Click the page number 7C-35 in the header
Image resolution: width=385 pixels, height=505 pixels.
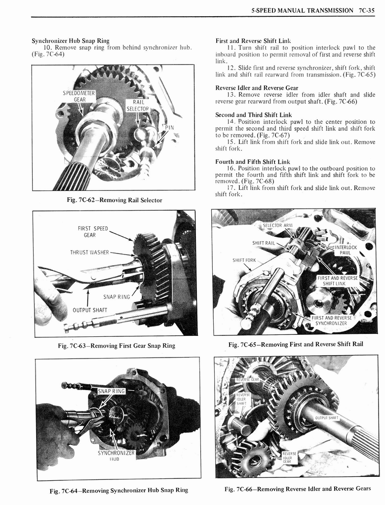(x=368, y=10)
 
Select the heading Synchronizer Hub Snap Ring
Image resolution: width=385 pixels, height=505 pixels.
(x=71, y=40)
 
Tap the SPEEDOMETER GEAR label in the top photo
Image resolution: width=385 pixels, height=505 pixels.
(x=79, y=96)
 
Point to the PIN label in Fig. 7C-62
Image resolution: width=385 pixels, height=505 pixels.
(x=169, y=127)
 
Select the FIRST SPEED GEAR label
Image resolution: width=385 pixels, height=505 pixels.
(x=93, y=231)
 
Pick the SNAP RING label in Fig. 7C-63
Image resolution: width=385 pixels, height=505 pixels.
(x=116, y=297)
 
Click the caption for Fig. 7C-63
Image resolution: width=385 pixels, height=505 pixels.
(x=116, y=345)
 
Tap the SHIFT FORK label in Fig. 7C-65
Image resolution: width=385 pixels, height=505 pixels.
(x=244, y=260)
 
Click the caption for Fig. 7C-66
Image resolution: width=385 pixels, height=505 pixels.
(x=298, y=489)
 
